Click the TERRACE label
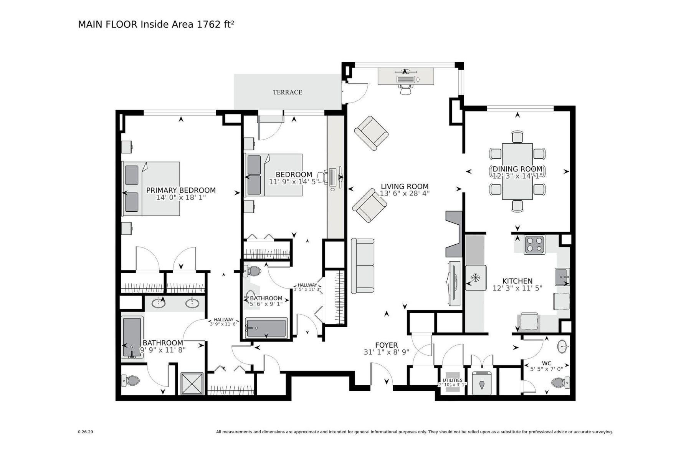pos(287,92)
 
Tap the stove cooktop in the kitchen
pos(534,244)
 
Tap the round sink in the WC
pos(563,346)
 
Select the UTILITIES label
pos(452,380)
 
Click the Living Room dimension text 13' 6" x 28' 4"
pos(405,194)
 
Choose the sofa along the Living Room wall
pos(363,265)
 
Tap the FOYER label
pos(386,345)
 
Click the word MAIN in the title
pos(90,24)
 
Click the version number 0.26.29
pos(85,432)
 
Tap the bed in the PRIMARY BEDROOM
pos(151,188)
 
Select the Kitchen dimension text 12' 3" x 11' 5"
pos(517,288)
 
